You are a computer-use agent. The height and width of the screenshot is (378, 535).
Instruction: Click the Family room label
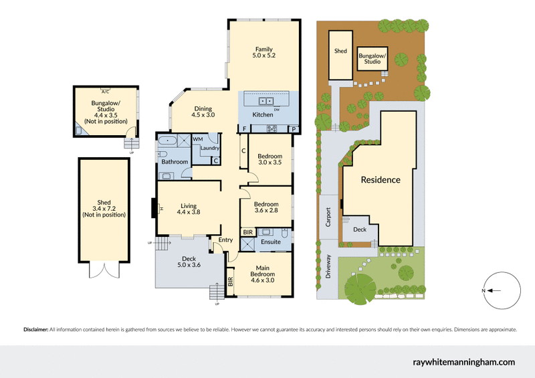[x=264, y=52]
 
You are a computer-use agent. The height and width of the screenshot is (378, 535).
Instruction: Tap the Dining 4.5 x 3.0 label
[x=203, y=112]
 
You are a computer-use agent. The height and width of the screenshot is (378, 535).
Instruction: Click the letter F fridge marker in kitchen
[x=245, y=128]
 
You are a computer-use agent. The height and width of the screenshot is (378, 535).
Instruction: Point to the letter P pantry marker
[x=293, y=128]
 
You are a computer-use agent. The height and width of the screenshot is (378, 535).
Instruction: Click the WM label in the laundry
[x=198, y=138]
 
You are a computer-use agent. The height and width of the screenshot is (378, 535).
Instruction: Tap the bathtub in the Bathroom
[x=167, y=141]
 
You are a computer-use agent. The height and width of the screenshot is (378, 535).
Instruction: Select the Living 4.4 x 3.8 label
[x=189, y=209]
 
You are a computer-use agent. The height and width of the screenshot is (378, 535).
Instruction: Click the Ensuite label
[x=270, y=242]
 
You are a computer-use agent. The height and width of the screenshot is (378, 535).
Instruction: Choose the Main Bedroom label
[x=263, y=275]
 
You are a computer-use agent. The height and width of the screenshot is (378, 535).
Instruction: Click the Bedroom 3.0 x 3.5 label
[x=270, y=159]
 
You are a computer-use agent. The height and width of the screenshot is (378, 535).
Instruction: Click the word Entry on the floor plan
[x=225, y=240]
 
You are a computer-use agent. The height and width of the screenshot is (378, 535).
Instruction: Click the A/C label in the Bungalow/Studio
[x=105, y=91]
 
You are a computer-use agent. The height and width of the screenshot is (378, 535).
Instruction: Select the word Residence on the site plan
[x=381, y=179]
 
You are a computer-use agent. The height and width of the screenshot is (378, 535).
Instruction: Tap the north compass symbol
[x=496, y=290]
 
